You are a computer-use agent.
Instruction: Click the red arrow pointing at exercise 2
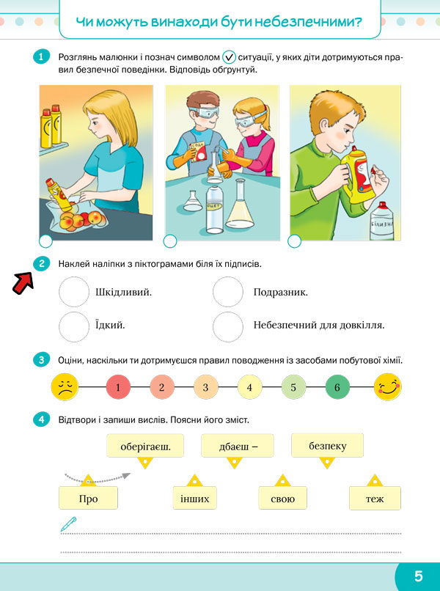coord(23,284)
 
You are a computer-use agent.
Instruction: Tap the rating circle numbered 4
coord(249,387)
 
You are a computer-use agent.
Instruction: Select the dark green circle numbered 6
coord(337,387)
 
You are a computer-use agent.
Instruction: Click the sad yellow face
coord(65,387)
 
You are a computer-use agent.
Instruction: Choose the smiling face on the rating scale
coord(388,387)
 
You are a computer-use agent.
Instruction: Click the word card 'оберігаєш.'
coord(145,446)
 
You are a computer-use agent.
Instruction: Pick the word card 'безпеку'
coord(327,446)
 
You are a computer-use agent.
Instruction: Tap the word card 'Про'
coord(88,499)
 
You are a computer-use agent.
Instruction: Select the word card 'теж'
coord(375,499)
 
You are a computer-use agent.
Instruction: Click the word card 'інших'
coord(195,499)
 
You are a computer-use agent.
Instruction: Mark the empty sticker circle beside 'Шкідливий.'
coord(74,292)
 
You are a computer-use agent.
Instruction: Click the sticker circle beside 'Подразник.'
coord(228,292)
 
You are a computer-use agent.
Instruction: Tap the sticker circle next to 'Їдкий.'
coord(74,326)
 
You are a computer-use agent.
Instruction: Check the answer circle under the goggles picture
coord(170,241)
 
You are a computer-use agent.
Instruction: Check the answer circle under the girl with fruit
coord(46,241)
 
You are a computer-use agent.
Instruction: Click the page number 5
coord(419,576)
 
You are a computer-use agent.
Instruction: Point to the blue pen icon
coord(68,524)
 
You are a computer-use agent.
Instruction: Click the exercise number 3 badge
coord(41,360)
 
